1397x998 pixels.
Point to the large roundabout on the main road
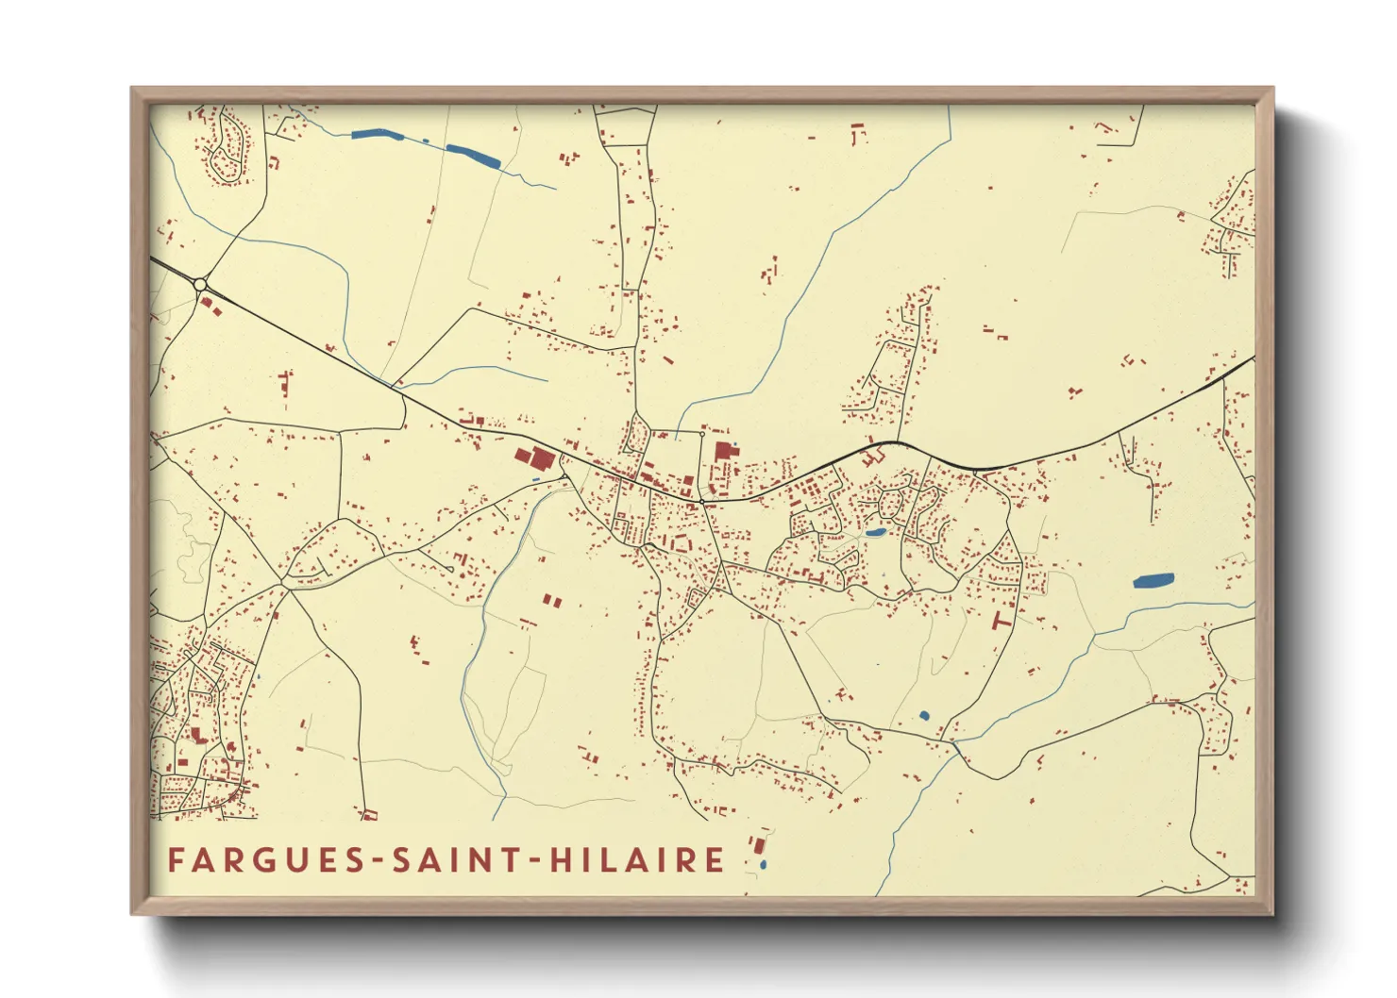[199, 284]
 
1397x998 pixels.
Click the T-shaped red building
[1002, 620]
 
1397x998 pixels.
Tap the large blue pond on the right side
[1153, 581]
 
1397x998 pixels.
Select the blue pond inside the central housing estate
[875, 533]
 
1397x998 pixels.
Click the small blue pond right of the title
[763, 864]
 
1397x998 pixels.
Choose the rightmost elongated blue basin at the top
[474, 157]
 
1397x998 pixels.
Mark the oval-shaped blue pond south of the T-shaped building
[924, 715]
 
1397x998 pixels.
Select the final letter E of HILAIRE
[715, 860]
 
